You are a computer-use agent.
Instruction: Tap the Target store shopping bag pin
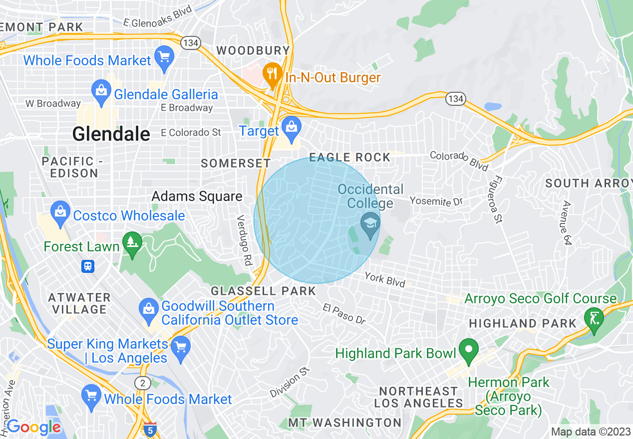pyautogui.click(x=291, y=127)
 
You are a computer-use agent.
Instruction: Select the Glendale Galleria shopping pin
pyautogui.click(x=101, y=92)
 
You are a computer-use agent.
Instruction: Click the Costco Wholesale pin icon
pyautogui.click(x=60, y=212)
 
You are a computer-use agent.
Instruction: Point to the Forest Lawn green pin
pyautogui.click(x=132, y=243)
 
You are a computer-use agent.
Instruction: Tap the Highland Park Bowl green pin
pyautogui.click(x=468, y=349)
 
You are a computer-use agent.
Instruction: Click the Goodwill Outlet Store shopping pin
pyautogui.click(x=149, y=308)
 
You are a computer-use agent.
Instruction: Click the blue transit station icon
pyautogui.click(x=88, y=266)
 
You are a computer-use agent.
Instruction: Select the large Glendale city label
pyautogui.click(x=111, y=134)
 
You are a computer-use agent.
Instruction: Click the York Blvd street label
pyautogui.click(x=384, y=279)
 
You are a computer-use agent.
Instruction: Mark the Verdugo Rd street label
pyautogui.click(x=245, y=240)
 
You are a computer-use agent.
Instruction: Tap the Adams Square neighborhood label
pyautogui.click(x=197, y=197)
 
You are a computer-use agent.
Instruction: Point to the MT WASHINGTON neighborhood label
pyautogui.click(x=344, y=423)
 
